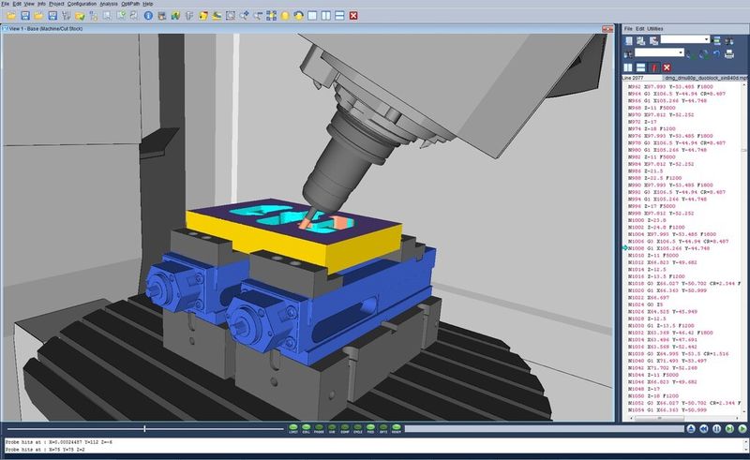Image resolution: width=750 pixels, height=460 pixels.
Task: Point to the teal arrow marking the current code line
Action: [x=626, y=247]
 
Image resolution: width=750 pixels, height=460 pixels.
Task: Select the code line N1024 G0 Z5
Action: [x=648, y=304]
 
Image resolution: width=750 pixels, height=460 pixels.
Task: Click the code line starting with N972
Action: [x=646, y=121]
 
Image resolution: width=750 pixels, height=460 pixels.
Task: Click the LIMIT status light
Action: [x=293, y=430]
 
